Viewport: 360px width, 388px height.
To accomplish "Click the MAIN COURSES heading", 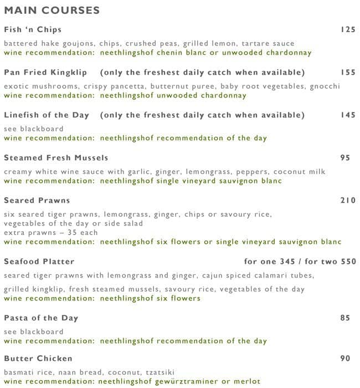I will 52,11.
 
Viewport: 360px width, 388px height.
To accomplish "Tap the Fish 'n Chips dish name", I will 33,29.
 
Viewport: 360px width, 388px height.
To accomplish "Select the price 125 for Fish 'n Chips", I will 348,29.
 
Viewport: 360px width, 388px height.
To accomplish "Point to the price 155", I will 348,73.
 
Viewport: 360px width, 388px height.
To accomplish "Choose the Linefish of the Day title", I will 47,115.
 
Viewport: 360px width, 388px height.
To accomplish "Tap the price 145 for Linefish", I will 348,115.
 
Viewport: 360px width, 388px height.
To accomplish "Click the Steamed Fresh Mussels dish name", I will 56,158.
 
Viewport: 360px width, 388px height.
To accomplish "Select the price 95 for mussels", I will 345,158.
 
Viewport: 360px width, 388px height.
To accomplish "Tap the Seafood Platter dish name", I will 39,262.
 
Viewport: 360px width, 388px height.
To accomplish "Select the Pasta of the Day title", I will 41,318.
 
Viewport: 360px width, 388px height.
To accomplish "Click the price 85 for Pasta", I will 345,318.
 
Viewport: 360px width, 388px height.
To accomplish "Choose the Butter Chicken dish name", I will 38,359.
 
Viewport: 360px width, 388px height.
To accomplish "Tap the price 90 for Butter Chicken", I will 345,359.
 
